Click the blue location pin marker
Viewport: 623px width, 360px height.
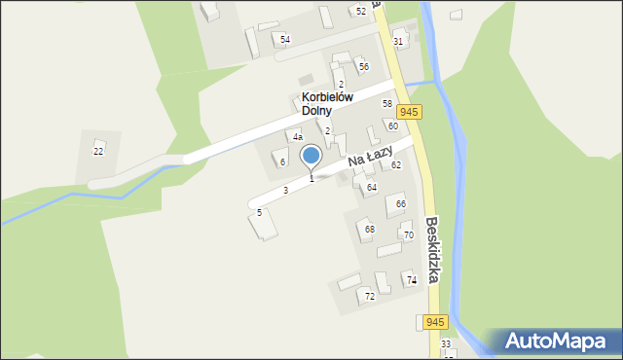311,157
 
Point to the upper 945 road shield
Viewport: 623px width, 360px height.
409,113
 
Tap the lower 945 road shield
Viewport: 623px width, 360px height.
435,322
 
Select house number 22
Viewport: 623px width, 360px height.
98,151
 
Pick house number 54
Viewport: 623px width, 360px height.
285,40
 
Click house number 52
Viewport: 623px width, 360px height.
361,11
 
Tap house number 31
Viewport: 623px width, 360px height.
398,41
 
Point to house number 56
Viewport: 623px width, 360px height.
363,67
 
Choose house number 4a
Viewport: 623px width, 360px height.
298,137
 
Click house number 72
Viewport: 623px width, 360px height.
369,296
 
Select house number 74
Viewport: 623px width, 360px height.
412,280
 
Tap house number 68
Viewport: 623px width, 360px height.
369,230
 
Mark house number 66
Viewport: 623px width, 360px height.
400,203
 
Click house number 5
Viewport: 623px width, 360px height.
259,212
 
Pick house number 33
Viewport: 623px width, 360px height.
446,344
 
